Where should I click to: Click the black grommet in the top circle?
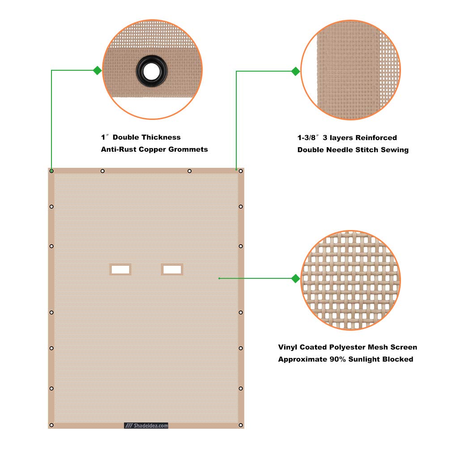click(152, 71)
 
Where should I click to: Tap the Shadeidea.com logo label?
click(146, 426)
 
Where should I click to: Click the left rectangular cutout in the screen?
click(120, 269)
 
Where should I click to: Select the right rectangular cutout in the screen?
click(172, 269)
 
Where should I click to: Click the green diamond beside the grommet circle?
click(98, 70)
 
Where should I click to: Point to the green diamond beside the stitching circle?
click(295, 71)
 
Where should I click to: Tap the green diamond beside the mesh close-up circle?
click(295, 278)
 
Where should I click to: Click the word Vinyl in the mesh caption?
click(287, 347)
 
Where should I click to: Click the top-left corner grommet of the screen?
click(51, 171)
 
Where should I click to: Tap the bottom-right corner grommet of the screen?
click(241, 425)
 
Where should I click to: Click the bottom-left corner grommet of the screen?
click(51, 425)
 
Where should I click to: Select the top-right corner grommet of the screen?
click(241, 171)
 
